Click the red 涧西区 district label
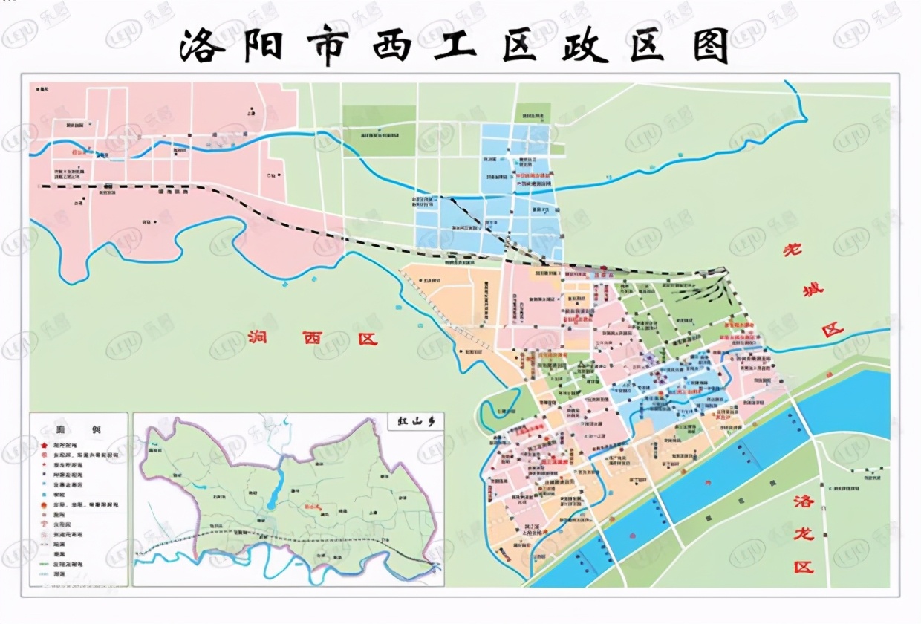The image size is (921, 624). tap(312, 339)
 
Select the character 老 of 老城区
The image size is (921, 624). tap(794, 250)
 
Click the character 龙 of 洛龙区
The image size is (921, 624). tap(802, 533)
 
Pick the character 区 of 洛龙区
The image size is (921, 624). tap(802, 567)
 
